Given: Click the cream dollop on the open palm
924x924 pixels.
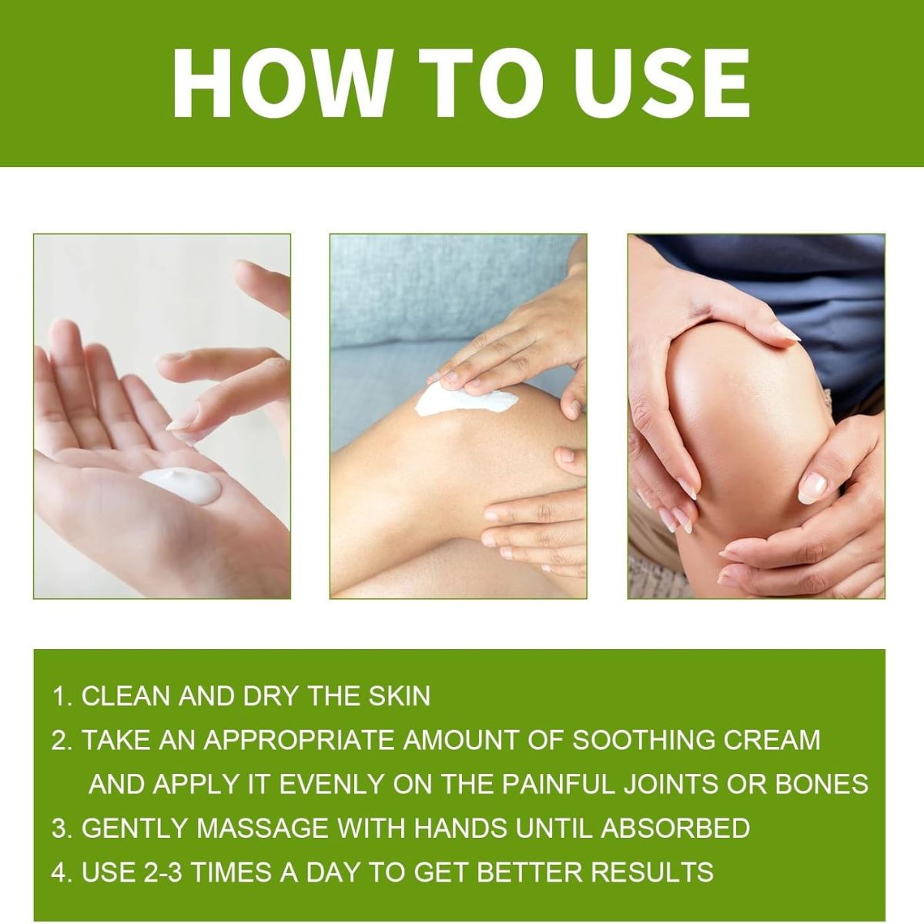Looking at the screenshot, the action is (x=181, y=485).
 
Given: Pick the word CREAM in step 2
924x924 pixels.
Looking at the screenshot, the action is (x=772, y=740).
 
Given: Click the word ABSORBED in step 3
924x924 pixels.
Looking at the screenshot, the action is (x=675, y=828).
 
